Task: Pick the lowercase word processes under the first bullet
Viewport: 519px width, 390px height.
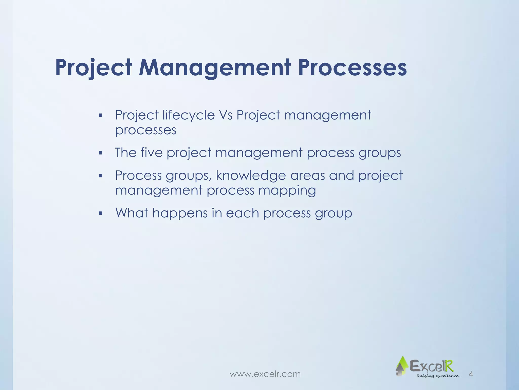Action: point(146,130)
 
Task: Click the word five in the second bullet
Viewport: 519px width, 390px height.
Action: point(152,153)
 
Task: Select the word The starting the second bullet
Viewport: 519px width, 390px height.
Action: point(126,153)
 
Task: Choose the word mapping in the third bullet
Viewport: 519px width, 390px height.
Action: point(287,191)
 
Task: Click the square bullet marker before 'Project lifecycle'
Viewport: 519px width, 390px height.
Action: point(100,116)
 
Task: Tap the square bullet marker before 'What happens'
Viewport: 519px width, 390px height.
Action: point(100,214)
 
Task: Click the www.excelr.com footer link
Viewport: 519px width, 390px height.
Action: point(265,374)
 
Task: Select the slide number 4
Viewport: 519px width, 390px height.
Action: point(471,374)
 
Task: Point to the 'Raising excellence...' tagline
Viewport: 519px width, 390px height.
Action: point(439,376)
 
